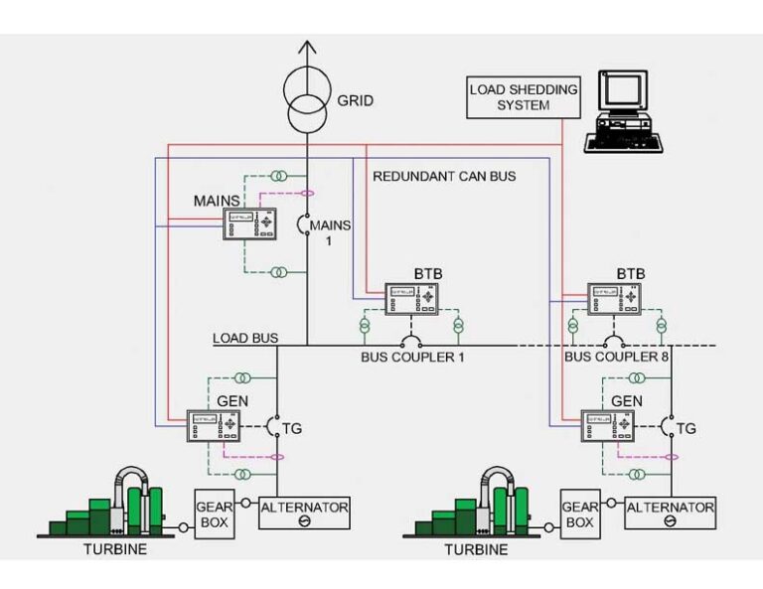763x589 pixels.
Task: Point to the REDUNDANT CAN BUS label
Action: tap(444, 177)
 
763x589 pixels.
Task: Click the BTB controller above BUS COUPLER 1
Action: tap(412, 298)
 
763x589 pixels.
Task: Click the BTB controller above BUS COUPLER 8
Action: tap(616, 298)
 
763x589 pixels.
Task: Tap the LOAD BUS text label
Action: tap(244, 339)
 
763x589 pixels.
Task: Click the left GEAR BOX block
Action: tap(215, 514)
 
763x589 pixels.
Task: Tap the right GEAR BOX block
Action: tap(580, 514)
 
